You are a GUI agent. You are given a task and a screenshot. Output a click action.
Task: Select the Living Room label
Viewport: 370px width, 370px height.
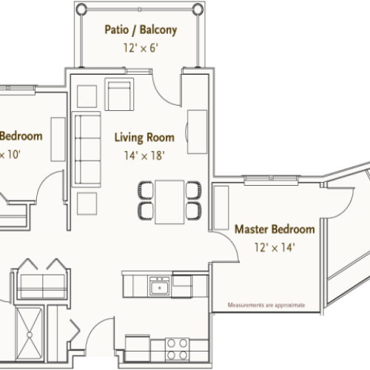tap(144, 137)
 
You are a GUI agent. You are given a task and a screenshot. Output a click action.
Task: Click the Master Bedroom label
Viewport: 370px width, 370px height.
tap(275, 229)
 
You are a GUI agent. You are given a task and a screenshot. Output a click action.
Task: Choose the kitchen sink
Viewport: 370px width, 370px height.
tap(158, 286)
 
